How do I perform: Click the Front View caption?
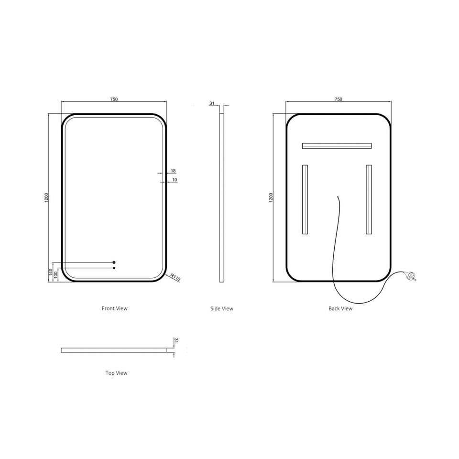pyautogui.click(x=114, y=308)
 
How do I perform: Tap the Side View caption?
pyautogui.click(x=221, y=308)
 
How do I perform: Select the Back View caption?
pyautogui.click(x=340, y=308)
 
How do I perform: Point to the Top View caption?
pyautogui.click(x=117, y=373)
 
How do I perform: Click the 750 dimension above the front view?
pyautogui.click(x=114, y=99)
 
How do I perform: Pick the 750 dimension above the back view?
pyautogui.click(x=339, y=99)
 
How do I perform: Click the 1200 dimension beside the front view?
pyautogui.click(x=46, y=197)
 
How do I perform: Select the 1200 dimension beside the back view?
pyautogui.click(x=271, y=197)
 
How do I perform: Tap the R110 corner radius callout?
pyautogui.click(x=175, y=277)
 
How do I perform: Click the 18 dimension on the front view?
pyautogui.click(x=173, y=171)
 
